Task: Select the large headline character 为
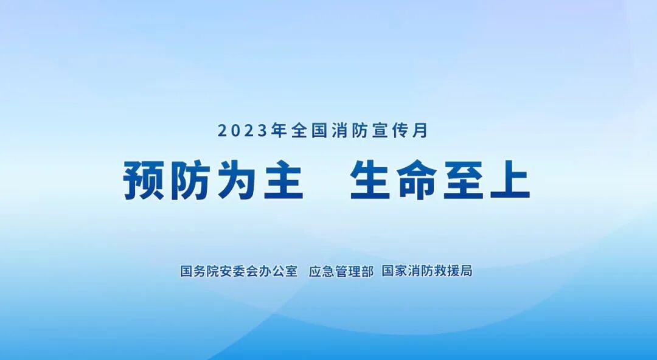(x=238, y=181)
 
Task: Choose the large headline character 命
(x=417, y=181)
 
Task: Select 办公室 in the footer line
(x=278, y=271)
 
